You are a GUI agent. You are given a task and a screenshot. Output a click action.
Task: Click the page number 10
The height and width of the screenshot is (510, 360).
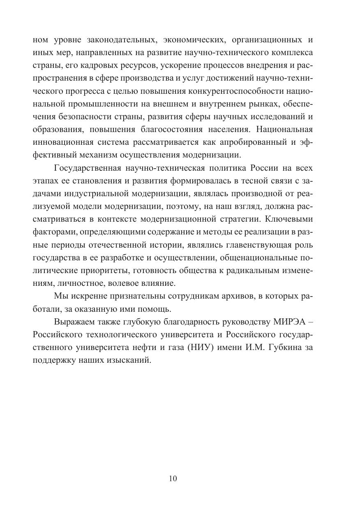(173, 478)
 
